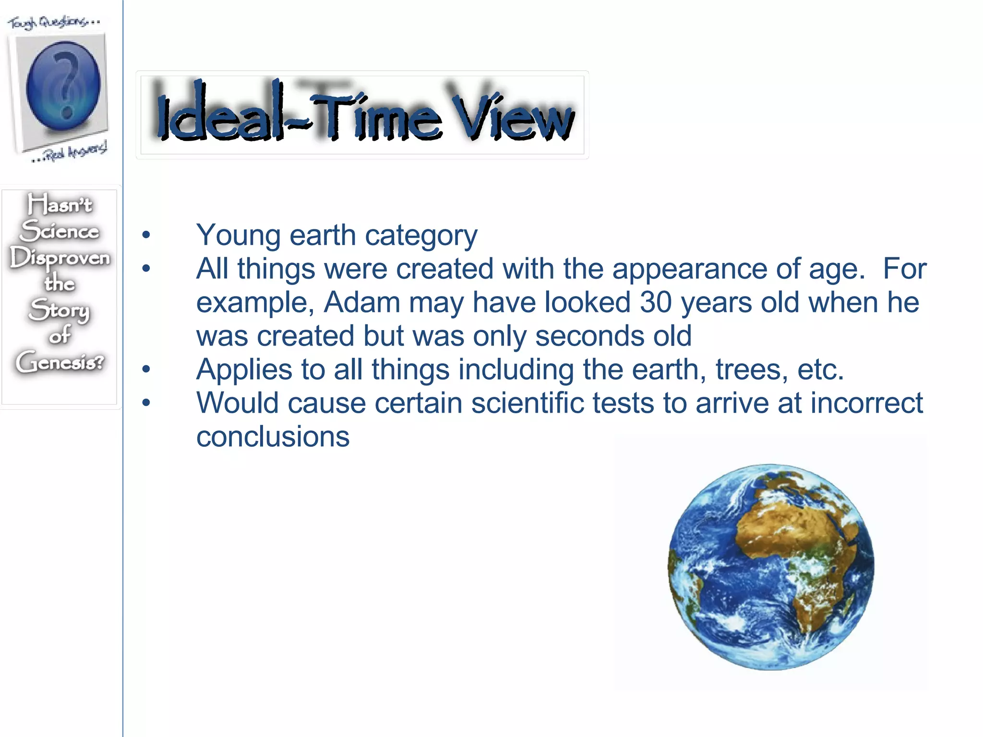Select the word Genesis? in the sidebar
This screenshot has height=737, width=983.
tap(60, 362)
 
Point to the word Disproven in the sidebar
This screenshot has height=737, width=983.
tap(60, 258)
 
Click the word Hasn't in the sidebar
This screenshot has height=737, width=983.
tap(60, 204)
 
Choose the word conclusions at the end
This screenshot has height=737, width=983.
tap(273, 437)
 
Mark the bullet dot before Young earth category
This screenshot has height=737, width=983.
tap(146, 236)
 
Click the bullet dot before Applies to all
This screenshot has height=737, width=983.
tap(146, 370)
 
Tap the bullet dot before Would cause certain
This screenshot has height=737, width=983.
tap(146, 403)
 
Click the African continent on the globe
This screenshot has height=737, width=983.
tap(806, 552)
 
